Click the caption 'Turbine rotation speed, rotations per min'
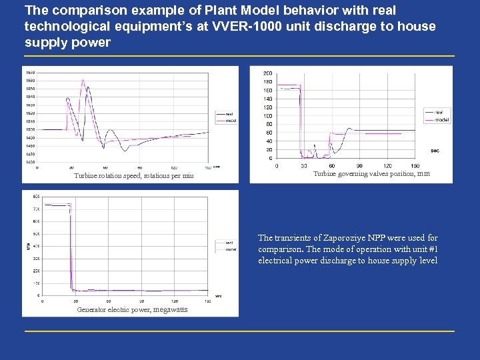pyautogui.click(x=134, y=176)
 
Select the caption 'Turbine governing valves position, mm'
pyautogui.click(x=371, y=173)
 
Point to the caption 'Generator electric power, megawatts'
pyautogui.click(x=132, y=309)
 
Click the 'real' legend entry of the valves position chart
pyautogui.click(x=439, y=112)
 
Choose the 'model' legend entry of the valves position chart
pyautogui.click(x=441, y=120)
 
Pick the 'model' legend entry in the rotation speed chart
pyautogui.click(x=231, y=121)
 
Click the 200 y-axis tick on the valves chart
pyautogui.click(x=267, y=73)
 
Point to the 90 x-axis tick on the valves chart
pyautogui.click(x=360, y=165)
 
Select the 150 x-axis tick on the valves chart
pyautogui.click(x=415, y=165)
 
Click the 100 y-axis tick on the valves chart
pyautogui.click(x=267, y=115)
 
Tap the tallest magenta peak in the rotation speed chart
pyautogui.click(x=83, y=80)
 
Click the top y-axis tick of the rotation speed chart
pyautogui.click(x=31, y=72)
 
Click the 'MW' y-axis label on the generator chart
pyautogui.click(x=27, y=245)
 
